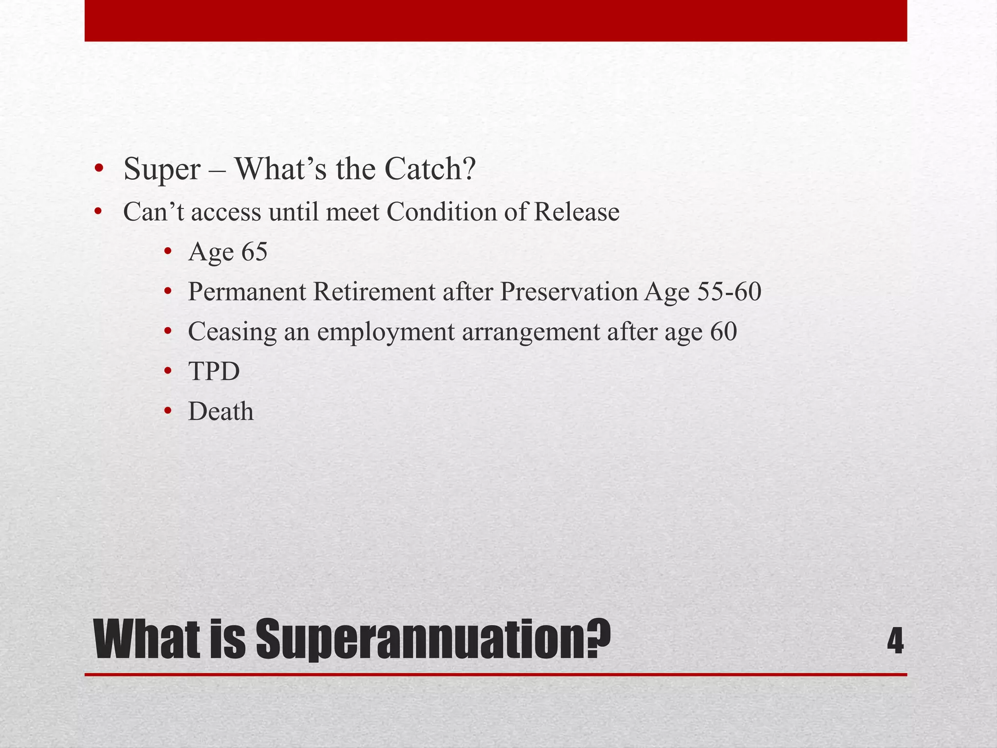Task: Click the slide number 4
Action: [895, 642]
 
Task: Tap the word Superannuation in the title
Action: [432, 640]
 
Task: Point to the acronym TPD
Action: [214, 372]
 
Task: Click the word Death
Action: [221, 411]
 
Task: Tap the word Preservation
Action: [569, 292]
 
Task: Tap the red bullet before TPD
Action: [168, 372]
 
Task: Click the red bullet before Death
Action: [168, 411]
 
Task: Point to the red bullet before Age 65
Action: [168, 252]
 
